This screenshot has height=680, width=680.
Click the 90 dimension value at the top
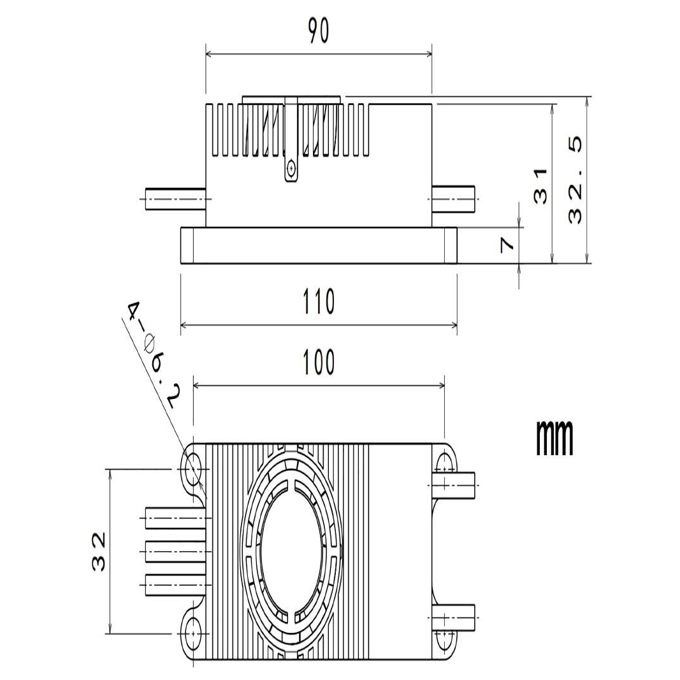(x=319, y=31)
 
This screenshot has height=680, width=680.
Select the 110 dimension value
(x=319, y=301)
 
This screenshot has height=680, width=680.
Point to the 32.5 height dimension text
(x=575, y=180)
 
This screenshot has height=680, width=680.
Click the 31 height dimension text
(x=541, y=187)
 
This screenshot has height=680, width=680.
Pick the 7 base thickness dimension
(x=507, y=245)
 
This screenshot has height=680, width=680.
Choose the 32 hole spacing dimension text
(x=99, y=552)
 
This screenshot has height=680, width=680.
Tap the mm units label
(x=554, y=437)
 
